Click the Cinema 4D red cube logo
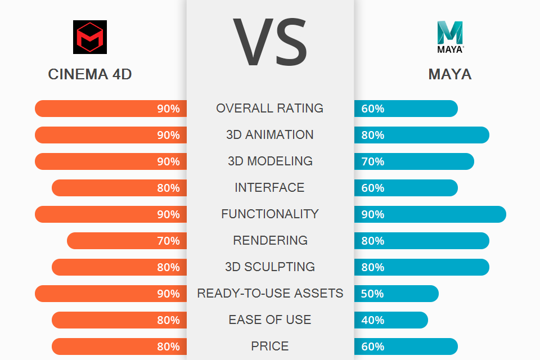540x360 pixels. pyautogui.click(x=90, y=37)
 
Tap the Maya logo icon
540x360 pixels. pyautogui.click(x=450, y=36)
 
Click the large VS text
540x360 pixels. pyautogui.click(x=270, y=42)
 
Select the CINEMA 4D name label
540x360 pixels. pyautogui.click(x=90, y=74)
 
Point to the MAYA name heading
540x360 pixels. pyautogui.click(x=450, y=74)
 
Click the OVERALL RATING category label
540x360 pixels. pyautogui.click(x=270, y=108)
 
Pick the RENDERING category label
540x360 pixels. pyautogui.click(x=270, y=240)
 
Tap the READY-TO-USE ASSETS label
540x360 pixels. pyautogui.click(x=270, y=293)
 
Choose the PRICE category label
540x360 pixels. pyautogui.click(x=270, y=346)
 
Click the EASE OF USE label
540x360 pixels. pyautogui.click(x=270, y=319)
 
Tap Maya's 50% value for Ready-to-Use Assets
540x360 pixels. pyautogui.click(x=372, y=294)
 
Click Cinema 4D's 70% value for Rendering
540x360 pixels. pyautogui.click(x=168, y=241)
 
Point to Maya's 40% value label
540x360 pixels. pyautogui.click(x=372, y=320)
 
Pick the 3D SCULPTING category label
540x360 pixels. pyautogui.click(x=270, y=267)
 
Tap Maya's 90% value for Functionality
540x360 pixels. pyautogui.click(x=372, y=214)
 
